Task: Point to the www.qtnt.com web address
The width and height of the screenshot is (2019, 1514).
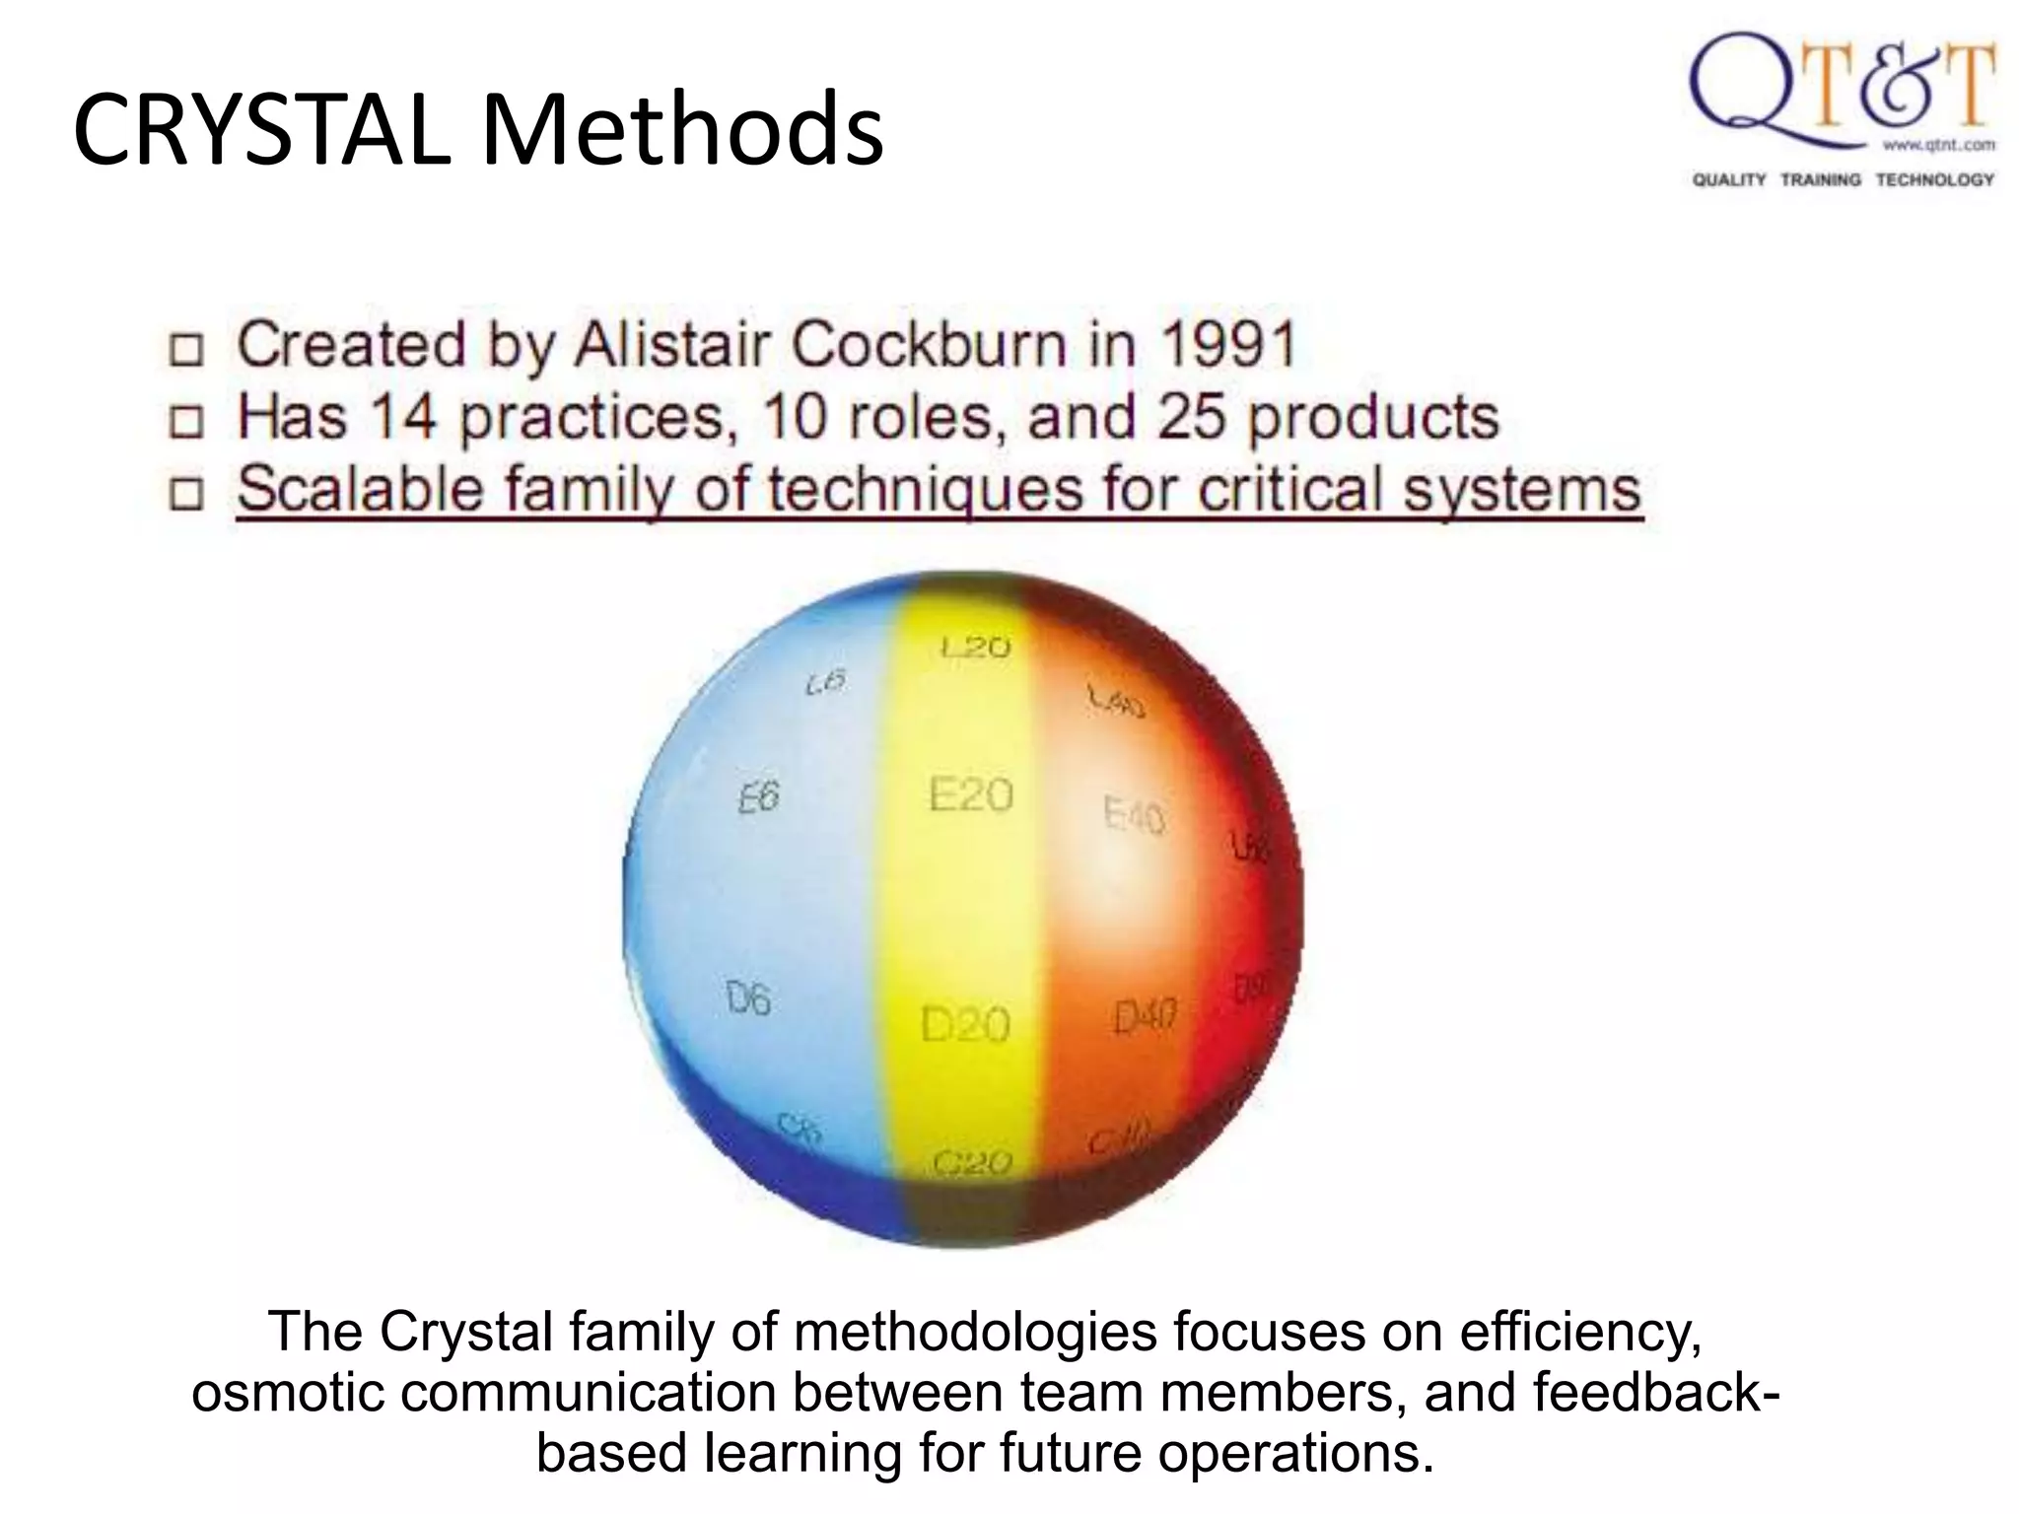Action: point(1938,145)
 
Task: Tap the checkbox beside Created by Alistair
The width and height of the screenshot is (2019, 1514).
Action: point(185,350)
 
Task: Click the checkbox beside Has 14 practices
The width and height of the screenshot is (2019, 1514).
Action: point(185,422)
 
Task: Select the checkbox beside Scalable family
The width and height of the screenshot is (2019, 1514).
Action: point(185,494)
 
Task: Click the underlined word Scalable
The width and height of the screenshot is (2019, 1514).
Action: point(359,489)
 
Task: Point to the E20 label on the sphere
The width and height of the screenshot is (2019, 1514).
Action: point(970,794)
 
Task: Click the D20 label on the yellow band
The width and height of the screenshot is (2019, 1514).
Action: point(965,1025)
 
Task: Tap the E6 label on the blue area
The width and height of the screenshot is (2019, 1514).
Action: point(758,797)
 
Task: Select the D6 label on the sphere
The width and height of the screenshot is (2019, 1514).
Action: point(748,1000)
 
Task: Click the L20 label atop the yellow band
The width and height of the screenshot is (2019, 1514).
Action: point(975,648)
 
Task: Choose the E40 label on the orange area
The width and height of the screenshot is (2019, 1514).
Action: point(1134,815)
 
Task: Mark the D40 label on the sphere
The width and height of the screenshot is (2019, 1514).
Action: point(1145,1015)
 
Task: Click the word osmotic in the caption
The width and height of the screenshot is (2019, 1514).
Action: point(290,1393)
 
